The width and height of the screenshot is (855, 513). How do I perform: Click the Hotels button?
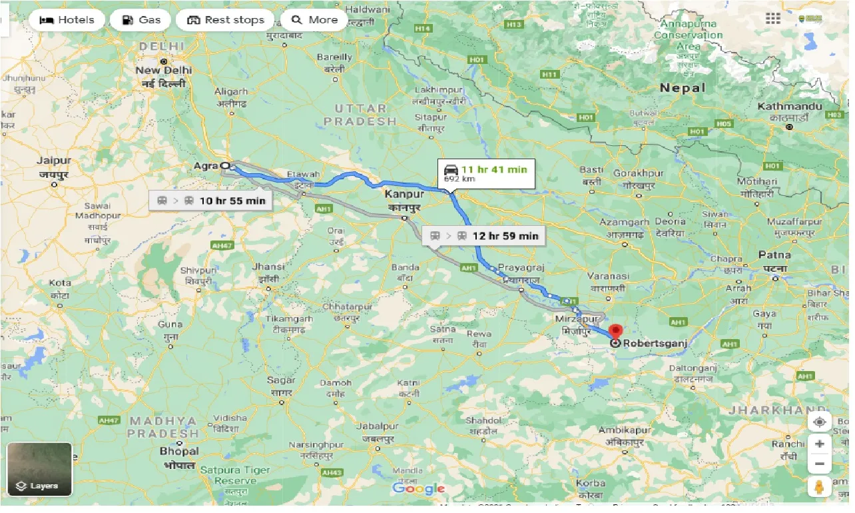pyautogui.click(x=67, y=20)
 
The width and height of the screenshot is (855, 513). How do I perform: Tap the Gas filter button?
pyautogui.click(x=140, y=20)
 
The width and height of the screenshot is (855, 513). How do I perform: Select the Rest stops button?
pyautogui.click(x=225, y=20)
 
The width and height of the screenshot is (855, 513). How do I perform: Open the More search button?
pyautogui.click(x=314, y=20)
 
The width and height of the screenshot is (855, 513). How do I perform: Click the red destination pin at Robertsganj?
pyautogui.click(x=615, y=331)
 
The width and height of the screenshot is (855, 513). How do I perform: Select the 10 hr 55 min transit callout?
pyautogui.click(x=211, y=201)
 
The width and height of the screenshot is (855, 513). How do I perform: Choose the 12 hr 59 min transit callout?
pyautogui.click(x=484, y=236)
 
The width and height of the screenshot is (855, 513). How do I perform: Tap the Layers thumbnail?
pyautogui.click(x=39, y=470)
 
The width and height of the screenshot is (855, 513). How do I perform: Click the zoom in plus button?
pyautogui.click(x=819, y=444)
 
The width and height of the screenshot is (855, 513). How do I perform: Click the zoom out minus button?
pyautogui.click(x=819, y=464)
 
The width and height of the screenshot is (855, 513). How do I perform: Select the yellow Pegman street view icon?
pyautogui.click(x=819, y=488)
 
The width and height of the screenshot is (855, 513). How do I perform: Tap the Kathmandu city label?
pyautogui.click(x=790, y=107)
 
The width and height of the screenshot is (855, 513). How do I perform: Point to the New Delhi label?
pyautogui.click(x=163, y=70)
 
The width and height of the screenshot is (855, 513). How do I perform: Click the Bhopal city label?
pyautogui.click(x=178, y=452)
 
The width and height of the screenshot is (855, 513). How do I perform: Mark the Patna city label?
pyautogui.click(x=774, y=255)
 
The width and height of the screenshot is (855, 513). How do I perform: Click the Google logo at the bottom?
pyautogui.click(x=418, y=489)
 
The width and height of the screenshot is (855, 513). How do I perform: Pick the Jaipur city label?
pyautogui.click(x=54, y=161)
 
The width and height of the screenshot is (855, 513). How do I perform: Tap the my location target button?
pyautogui.click(x=819, y=422)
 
